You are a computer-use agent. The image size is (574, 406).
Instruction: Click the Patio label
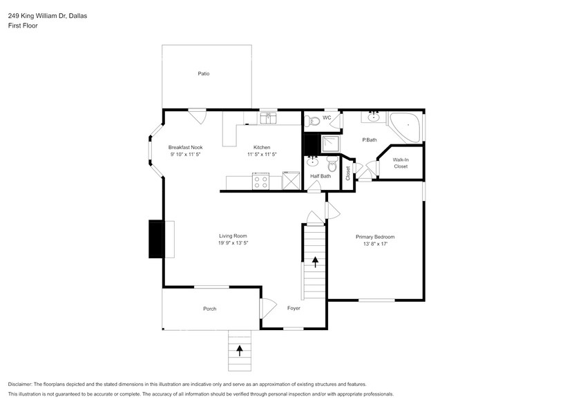coord(204,74)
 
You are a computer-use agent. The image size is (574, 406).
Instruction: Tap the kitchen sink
coord(269,118)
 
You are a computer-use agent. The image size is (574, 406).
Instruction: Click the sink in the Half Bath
coord(312,161)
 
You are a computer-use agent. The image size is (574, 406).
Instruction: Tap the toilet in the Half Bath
coord(332,164)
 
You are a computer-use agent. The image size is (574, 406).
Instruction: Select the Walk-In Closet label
coord(401,163)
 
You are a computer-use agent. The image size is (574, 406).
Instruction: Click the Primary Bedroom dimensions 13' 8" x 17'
coord(375,244)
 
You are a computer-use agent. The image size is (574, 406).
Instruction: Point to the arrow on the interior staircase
coord(315,262)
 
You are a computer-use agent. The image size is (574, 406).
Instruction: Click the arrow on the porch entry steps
coord(240,350)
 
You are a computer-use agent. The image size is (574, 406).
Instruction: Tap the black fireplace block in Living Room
coord(155,239)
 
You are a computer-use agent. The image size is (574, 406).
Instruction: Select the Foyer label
coord(294,308)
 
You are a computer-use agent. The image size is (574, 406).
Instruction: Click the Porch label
coord(210,309)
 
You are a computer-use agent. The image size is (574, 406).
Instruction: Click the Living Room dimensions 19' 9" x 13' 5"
coord(233,243)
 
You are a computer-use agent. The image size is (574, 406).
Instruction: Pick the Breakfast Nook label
coord(185,147)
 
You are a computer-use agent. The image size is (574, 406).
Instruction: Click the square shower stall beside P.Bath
coord(332,144)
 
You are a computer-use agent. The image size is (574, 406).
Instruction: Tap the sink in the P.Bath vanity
coord(374,117)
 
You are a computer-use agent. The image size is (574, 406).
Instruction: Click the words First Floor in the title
coord(23,26)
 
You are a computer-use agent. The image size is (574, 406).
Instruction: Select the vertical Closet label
coord(347,173)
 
